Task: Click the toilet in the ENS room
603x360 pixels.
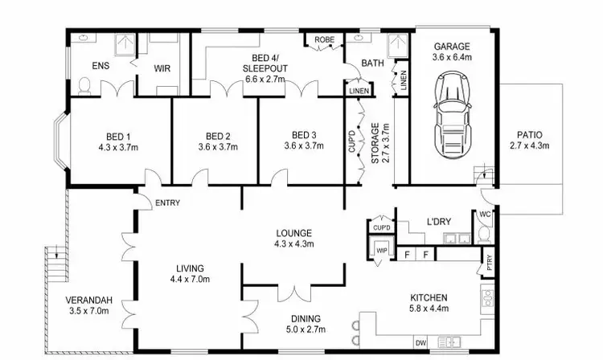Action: tap(85, 83)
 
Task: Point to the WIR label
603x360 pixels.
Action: tap(163, 67)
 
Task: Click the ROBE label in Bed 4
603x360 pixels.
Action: tap(324, 39)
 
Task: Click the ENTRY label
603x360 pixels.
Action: tap(167, 202)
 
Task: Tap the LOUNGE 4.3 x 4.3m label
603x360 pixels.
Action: tap(293, 238)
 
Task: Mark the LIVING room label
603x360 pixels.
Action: tap(191, 268)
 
